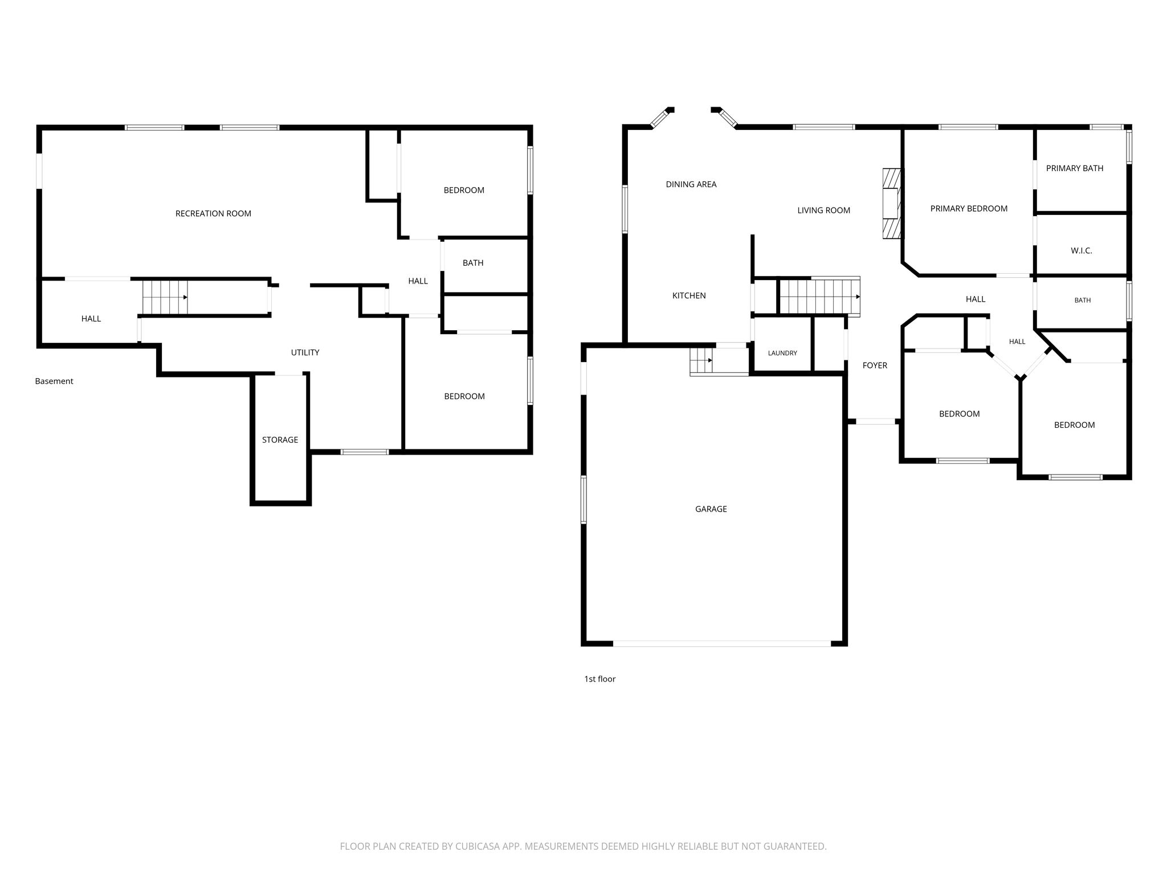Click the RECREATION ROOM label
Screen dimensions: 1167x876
213,214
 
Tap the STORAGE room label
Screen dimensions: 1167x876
280,440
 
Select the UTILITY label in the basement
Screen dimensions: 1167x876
305,352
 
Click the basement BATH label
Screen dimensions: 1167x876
473,263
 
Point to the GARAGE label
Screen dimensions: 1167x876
711,509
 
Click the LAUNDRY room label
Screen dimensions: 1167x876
782,353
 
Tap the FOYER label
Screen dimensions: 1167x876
875,366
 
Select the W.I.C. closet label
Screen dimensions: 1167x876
1081,251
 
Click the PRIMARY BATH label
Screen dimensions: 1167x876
1075,168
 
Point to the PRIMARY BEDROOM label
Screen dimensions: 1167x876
969,209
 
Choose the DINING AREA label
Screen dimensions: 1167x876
691,184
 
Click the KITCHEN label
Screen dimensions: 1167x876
689,295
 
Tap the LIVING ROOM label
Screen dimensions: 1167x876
823,210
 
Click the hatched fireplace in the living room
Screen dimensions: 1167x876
892,203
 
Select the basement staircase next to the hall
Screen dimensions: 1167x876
165,297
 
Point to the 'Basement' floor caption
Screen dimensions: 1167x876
54,381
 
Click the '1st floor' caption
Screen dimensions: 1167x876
599,679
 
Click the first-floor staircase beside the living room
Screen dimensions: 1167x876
819,297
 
